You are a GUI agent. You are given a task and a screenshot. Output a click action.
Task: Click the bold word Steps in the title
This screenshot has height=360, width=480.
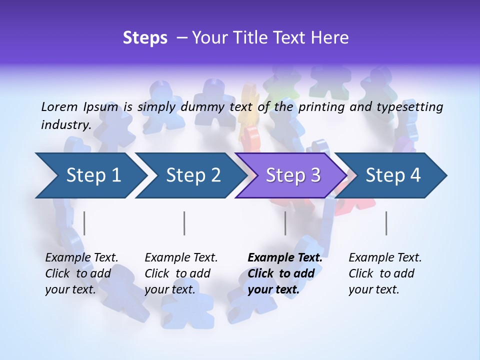click(x=145, y=38)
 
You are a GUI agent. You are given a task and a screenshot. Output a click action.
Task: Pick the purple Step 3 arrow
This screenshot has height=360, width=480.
click(x=293, y=175)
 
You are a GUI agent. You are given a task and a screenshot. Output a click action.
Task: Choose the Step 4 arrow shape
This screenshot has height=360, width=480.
click(x=393, y=175)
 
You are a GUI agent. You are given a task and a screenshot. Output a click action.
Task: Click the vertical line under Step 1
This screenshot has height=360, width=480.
click(x=84, y=223)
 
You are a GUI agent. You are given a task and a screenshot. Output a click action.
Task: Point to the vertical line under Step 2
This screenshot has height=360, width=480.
click(x=184, y=223)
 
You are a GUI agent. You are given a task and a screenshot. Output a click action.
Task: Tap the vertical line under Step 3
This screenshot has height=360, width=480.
click(x=285, y=223)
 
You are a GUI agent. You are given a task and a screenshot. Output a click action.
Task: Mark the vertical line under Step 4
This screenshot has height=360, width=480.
click(x=386, y=223)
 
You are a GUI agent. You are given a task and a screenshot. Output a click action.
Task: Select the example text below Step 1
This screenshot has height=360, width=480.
click(x=81, y=273)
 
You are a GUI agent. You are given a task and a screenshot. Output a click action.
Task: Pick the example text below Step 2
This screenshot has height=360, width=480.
click(x=181, y=273)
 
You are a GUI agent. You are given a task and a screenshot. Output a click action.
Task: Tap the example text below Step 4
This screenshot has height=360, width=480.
click(x=385, y=273)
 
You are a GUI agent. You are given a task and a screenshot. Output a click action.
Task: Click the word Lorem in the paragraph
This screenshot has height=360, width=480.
click(x=59, y=106)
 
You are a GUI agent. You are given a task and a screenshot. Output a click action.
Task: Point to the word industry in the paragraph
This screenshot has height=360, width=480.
click(x=66, y=125)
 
